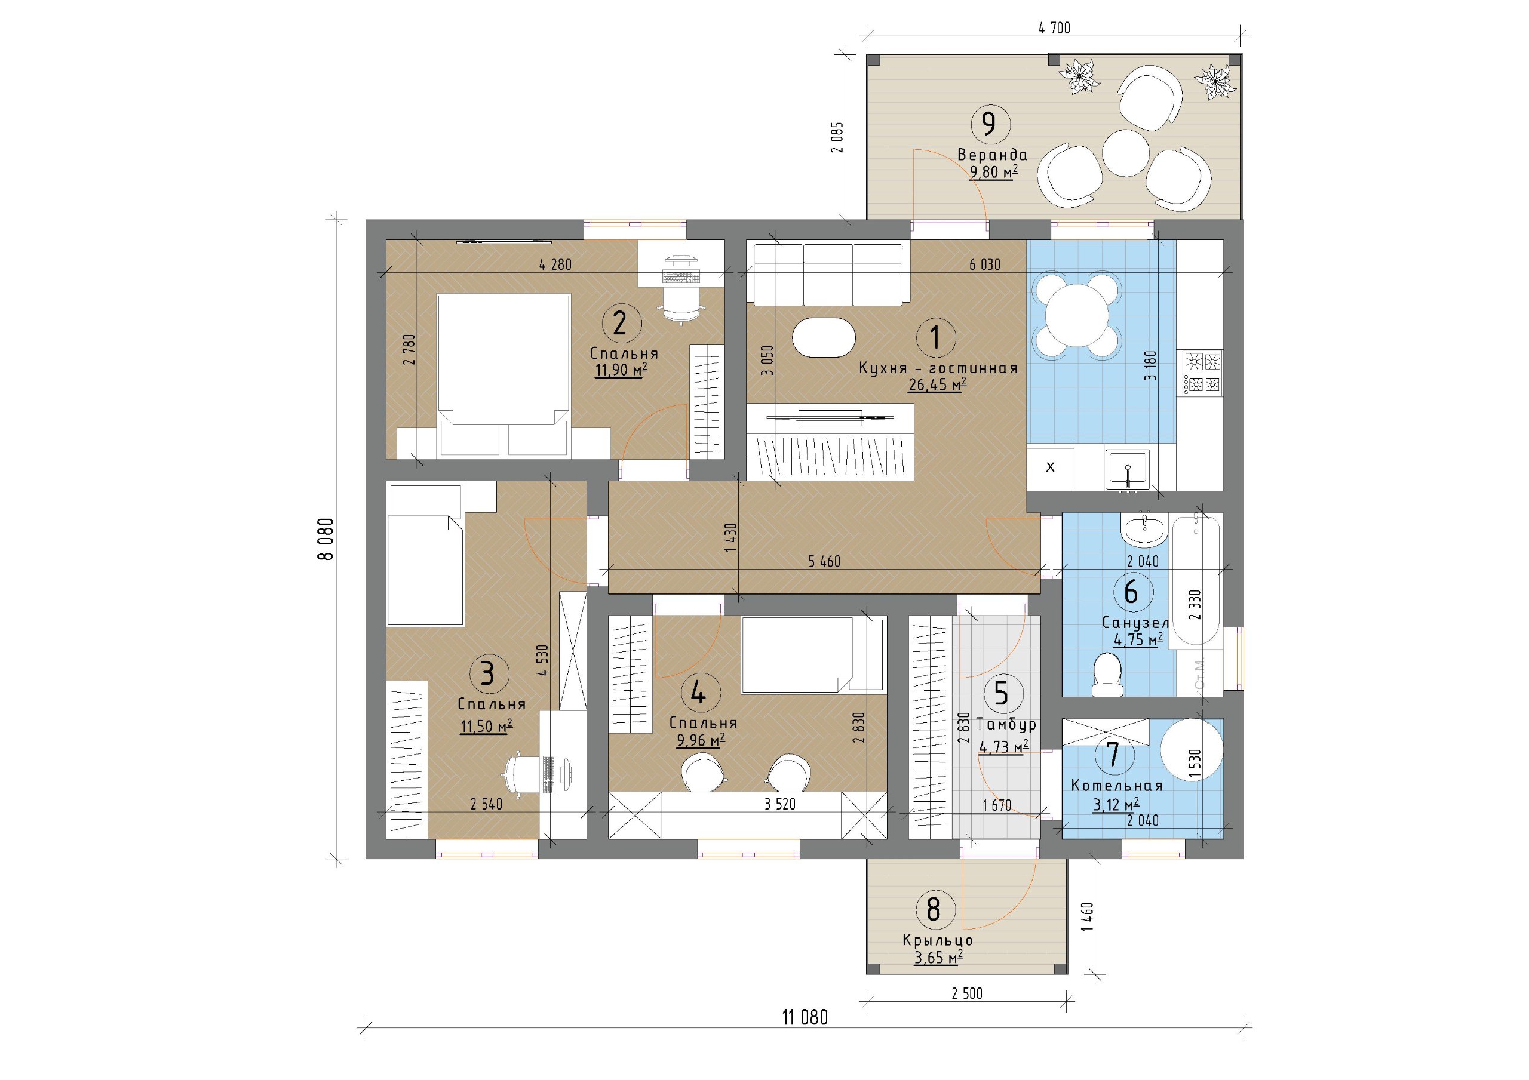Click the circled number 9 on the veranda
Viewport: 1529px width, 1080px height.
coord(990,123)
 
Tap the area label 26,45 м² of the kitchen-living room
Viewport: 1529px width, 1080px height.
coord(937,384)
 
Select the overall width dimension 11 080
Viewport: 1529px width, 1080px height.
coord(805,1017)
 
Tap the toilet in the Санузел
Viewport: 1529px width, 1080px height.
coord(1107,675)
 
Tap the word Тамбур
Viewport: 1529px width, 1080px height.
coord(1006,724)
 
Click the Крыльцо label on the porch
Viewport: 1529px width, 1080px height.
coord(938,941)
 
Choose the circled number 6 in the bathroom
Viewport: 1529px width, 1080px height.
coord(1131,591)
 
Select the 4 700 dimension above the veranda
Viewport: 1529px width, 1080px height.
coord(1054,28)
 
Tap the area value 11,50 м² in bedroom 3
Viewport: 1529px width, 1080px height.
coord(486,726)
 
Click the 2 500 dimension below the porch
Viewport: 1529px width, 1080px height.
coord(967,993)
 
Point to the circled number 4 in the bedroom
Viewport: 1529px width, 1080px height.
coord(698,694)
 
